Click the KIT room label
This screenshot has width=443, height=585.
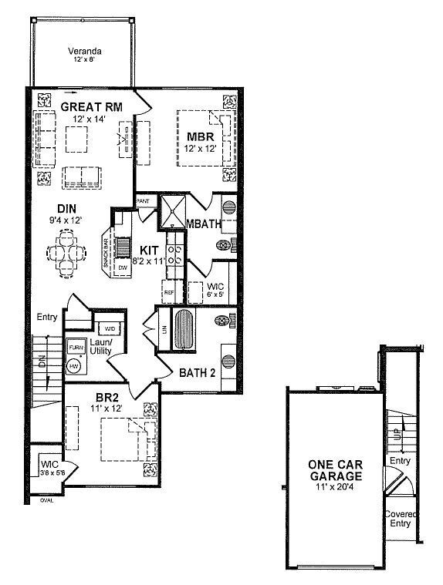[x=149, y=250]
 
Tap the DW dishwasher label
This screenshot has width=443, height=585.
[x=122, y=267]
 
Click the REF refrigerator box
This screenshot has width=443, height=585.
[x=169, y=293]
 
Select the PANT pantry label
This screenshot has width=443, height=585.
[x=143, y=200]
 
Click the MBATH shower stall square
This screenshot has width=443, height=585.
[x=172, y=210]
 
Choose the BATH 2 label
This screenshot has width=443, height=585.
[x=198, y=373]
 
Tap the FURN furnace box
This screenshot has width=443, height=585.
[x=76, y=348]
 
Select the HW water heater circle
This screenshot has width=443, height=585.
[x=74, y=367]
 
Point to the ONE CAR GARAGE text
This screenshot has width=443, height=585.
[x=334, y=469]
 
